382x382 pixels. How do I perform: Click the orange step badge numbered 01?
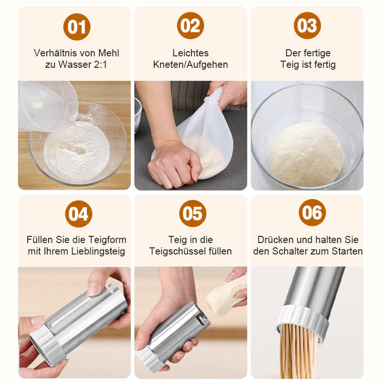(x=77, y=27)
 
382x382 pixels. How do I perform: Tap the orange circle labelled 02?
(x=191, y=26)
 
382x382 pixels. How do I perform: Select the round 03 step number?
(x=307, y=26)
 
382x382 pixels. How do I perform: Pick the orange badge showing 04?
(x=78, y=214)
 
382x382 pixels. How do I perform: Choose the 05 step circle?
(x=192, y=213)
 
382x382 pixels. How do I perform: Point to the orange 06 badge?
(x=312, y=212)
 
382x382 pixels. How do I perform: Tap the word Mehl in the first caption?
(x=109, y=53)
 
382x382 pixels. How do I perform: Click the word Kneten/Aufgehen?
(x=191, y=64)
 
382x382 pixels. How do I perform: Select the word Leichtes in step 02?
(x=191, y=53)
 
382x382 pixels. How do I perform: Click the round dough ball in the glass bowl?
(x=306, y=154)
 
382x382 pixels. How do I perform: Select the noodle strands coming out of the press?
(x=298, y=351)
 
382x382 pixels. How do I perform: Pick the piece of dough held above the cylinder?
(x=225, y=296)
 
